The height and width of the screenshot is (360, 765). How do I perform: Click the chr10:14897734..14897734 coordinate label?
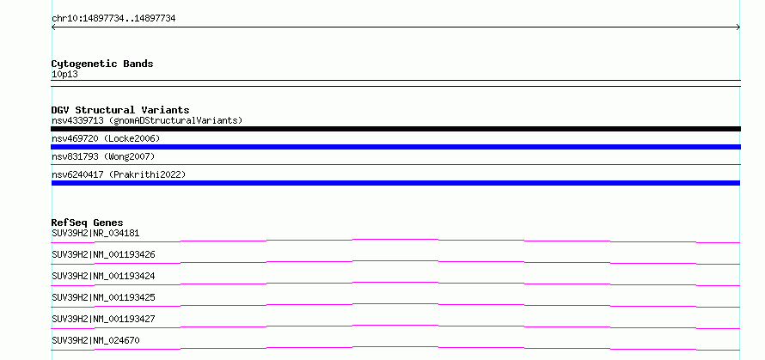click(x=113, y=19)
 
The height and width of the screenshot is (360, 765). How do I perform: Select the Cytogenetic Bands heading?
click(x=102, y=64)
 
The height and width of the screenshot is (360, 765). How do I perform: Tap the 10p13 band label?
click(x=64, y=75)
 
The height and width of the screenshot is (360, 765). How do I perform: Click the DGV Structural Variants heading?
click(x=120, y=110)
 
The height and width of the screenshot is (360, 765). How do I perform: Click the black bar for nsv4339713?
click(x=395, y=129)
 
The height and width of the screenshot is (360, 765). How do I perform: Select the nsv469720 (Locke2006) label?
click(x=106, y=138)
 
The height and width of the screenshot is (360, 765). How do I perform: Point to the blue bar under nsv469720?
click(x=395, y=147)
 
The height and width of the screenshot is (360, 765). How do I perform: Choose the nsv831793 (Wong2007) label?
click(x=103, y=156)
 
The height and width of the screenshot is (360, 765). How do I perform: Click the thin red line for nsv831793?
click(x=395, y=165)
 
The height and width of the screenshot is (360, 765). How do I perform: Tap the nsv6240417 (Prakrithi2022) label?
click(x=119, y=174)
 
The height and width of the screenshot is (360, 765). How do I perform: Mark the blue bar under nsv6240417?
click(x=395, y=183)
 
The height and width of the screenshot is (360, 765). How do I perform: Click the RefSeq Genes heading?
click(x=87, y=223)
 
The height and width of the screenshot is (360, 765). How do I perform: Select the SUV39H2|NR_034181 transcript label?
click(x=95, y=233)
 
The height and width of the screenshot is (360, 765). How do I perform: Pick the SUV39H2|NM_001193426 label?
click(x=103, y=254)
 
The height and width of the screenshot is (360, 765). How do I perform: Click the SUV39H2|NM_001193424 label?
click(x=103, y=276)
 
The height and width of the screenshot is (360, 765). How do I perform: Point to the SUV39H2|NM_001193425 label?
click(x=103, y=297)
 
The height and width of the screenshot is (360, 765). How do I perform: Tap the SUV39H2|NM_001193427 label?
click(x=103, y=319)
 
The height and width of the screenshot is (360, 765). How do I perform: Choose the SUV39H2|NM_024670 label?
click(x=95, y=340)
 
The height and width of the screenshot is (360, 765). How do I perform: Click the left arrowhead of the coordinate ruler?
click(x=52, y=27)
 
